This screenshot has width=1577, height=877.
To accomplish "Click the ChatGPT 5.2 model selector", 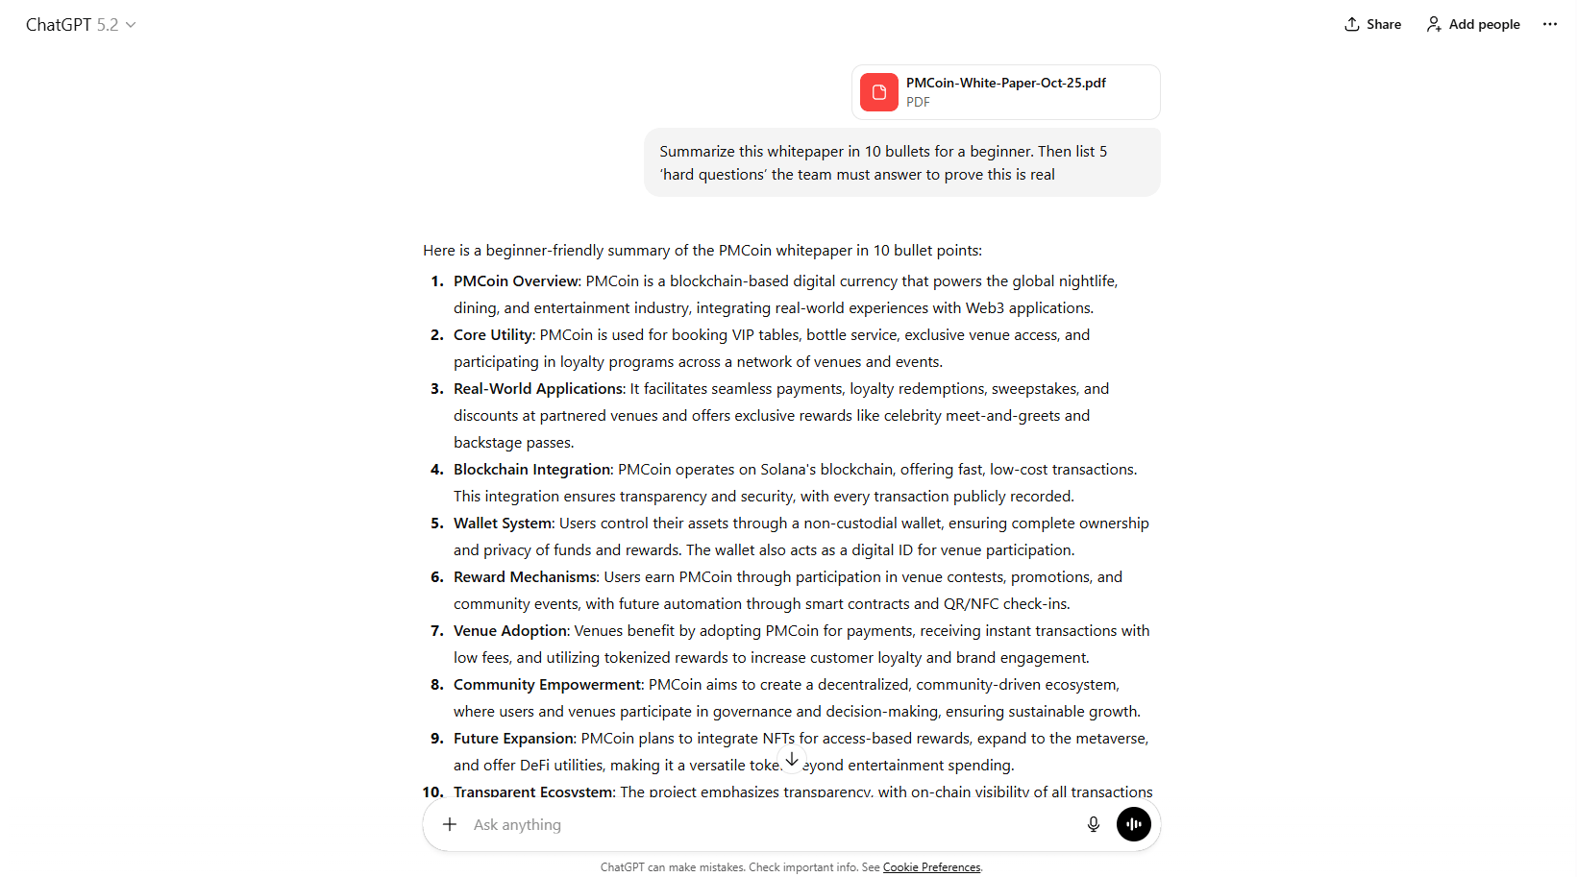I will point(81,25).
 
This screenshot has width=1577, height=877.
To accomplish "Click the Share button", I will point(1372,24).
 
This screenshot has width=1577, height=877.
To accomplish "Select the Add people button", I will point(1473,24).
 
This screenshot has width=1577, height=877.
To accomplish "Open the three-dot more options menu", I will point(1549,24).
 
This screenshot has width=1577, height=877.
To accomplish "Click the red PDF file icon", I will point(878,92).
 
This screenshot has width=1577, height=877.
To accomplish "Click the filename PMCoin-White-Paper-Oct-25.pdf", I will point(1005,84).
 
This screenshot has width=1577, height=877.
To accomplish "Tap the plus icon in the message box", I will point(450,824).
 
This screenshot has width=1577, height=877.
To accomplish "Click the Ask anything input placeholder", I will point(517,825).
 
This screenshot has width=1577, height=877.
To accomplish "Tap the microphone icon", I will point(1093,824).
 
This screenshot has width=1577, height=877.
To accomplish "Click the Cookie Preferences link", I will point(931,867).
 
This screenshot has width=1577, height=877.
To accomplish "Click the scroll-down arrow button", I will point(792,759).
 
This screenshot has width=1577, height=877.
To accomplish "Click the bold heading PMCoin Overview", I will point(516,281).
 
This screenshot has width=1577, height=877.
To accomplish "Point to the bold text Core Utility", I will point(493,335).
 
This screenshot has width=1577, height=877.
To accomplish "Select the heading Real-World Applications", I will point(538,389).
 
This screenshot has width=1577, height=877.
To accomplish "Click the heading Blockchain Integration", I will point(532,470).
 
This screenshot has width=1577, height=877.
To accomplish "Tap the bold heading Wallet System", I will point(503,524).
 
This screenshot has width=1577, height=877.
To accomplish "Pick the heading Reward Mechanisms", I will point(525,577).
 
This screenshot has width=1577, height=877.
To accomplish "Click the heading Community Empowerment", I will point(547,685).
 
